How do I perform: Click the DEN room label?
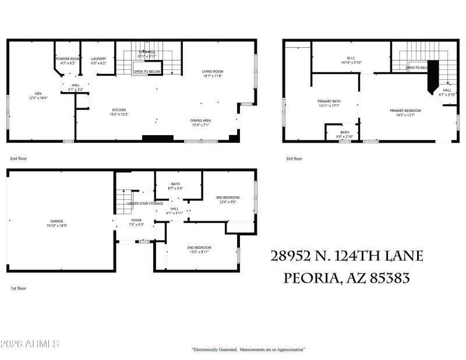pos(38,94)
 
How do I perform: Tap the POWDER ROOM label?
pos(68,59)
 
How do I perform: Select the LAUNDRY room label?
pos(98,59)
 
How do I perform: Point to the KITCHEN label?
pos(119,110)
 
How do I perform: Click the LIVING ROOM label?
pos(213,72)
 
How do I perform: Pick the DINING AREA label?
pos(200,121)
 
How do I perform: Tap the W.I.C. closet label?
pos(351,58)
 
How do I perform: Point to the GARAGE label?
pos(57,221)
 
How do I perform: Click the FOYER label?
pos(136,221)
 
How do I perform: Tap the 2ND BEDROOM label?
pos(199,248)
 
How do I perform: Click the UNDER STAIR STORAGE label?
pos(144,203)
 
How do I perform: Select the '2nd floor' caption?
pos(18,158)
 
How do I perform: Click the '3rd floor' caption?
pos(294,158)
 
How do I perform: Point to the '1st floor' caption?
pos(18,288)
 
